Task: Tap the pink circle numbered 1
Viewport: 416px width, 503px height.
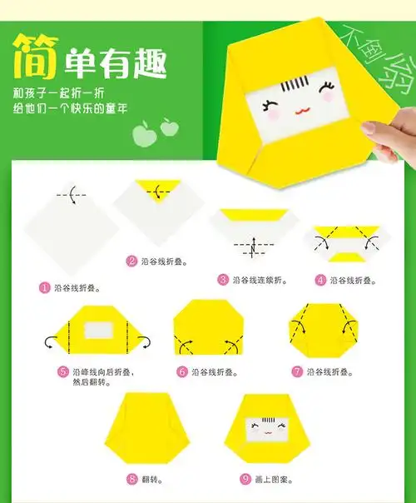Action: pyautogui.click(x=45, y=287)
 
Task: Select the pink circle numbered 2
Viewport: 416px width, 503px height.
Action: pyautogui.click(x=131, y=261)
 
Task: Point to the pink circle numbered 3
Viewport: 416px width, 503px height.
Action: pyautogui.click(x=223, y=280)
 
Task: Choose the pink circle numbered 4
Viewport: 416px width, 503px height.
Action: pyautogui.click(x=319, y=280)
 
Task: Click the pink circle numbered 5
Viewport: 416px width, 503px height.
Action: pyautogui.click(x=63, y=371)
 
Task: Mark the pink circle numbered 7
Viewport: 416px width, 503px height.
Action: pyautogui.click(x=297, y=371)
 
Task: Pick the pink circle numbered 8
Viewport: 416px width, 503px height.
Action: pyautogui.click(x=132, y=479)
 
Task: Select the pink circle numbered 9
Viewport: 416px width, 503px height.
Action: pyautogui.click(x=245, y=479)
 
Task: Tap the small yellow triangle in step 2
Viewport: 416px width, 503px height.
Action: pyautogui.click(x=156, y=187)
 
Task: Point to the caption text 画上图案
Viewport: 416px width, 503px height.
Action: pyautogui.click(x=274, y=480)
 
